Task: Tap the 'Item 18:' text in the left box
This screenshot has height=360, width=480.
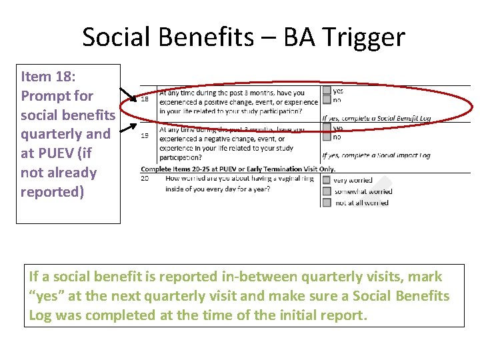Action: pyautogui.click(x=48, y=76)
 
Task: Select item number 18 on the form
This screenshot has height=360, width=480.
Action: pyautogui.click(x=145, y=100)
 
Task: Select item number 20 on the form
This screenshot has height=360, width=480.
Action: pyautogui.click(x=145, y=179)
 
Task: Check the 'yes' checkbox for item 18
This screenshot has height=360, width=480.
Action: pyautogui.click(x=327, y=91)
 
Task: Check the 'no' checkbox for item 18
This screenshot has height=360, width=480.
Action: pyautogui.click(x=327, y=100)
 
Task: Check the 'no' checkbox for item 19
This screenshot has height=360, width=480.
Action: pyautogui.click(x=327, y=137)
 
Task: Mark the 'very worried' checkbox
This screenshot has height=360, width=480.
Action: pyautogui.click(x=327, y=180)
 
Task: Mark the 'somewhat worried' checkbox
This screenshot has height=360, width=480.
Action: pyautogui.click(x=327, y=191)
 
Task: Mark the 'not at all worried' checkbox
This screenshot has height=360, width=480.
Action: pyautogui.click(x=327, y=202)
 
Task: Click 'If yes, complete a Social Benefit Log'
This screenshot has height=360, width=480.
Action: pyautogui.click(x=376, y=119)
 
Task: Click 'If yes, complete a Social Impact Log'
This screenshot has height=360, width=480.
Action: pyautogui.click(x=376, y=155)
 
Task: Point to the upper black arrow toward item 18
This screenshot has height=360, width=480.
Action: pyautogui.click(x=129, y=97)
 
